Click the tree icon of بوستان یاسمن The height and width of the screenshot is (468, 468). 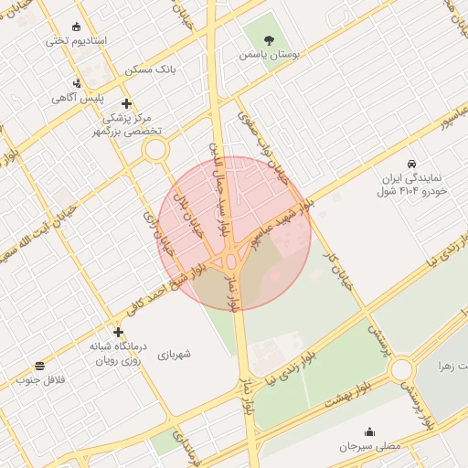click(269, 39)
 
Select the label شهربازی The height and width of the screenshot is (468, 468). click(175, 354)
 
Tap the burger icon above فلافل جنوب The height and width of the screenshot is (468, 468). click(39, 365)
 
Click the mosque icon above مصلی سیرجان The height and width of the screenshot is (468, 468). click(369, 432)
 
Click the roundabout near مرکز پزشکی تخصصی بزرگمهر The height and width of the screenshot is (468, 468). click(154, 148)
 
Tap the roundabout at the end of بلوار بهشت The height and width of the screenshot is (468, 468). click(401, 370)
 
